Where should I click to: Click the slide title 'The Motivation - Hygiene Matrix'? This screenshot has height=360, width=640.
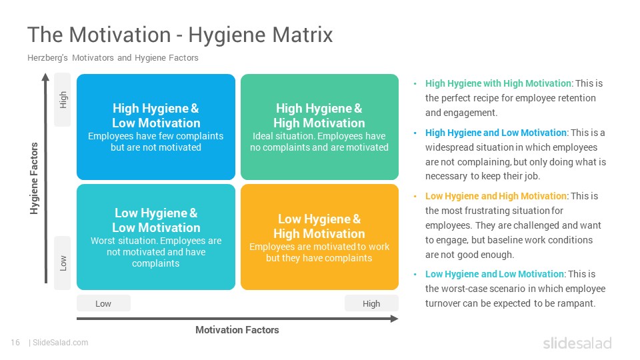point(180,34)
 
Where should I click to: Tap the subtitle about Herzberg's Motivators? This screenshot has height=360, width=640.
point(113,58)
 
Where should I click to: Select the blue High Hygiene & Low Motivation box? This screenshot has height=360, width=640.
point(156,127)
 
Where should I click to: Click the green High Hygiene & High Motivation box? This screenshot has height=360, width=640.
point(319,127)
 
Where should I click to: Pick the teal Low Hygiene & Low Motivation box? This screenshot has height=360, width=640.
point(156,237)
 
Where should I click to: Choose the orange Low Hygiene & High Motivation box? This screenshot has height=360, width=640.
point(319,237)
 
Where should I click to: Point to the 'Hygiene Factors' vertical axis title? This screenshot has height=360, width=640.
point(34,179)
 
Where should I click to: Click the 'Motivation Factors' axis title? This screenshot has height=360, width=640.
point(237,330)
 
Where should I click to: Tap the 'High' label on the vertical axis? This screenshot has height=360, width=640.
point(63,99)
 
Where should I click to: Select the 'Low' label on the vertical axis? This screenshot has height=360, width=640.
point(63,263)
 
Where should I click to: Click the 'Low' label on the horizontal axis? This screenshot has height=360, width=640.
point(103,304)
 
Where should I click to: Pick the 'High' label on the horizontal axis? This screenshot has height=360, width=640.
point(371,304)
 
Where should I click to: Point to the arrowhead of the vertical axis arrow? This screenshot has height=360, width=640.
point(46,77)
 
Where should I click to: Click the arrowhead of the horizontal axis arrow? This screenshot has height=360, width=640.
point(394,319)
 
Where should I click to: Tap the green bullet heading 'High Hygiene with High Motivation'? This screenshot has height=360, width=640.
point(498,83)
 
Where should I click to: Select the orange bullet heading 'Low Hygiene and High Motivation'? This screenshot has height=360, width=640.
point(496,196)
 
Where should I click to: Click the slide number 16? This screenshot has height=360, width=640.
point(15,343)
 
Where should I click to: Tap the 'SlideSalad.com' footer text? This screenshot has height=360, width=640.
point(61,343)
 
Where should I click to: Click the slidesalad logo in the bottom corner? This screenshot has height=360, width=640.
point(577,343)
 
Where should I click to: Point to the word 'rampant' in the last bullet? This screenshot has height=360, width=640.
point(579,303)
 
